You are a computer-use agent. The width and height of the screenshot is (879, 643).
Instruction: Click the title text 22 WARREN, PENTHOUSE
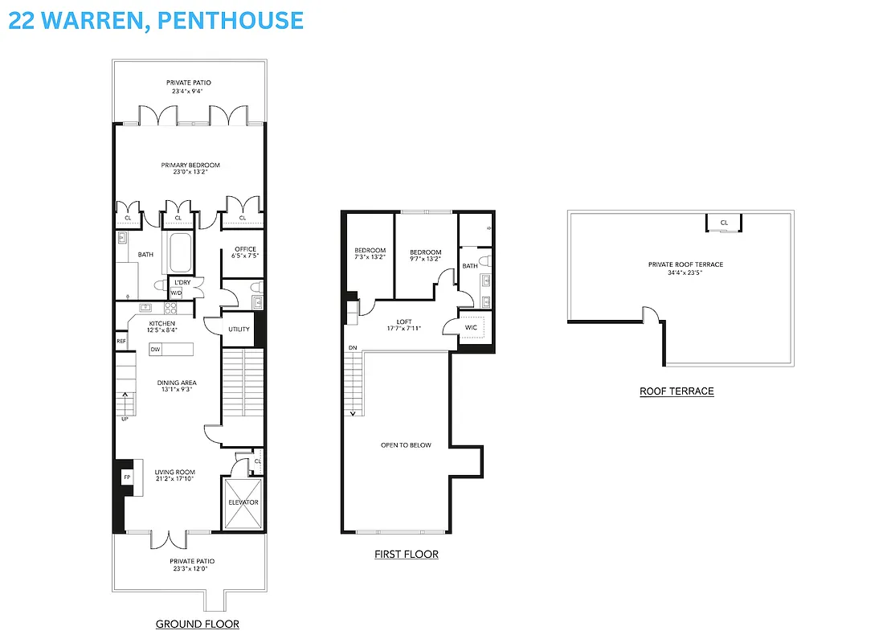click(x=156, y=20)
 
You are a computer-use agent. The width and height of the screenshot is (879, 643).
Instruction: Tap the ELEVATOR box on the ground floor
click(x=243, y=502)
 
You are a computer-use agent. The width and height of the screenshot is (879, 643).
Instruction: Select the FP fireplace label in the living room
click(x=127, y=477)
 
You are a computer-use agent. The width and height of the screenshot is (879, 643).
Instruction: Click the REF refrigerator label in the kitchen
click(x=121, y=342)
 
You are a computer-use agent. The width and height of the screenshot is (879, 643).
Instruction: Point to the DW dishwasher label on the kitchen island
click(x=155, y=349)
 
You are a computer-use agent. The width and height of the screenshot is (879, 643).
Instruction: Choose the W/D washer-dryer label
click(x=175, y=293)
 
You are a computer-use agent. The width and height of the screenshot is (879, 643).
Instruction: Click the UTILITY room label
click(x=239, y=330)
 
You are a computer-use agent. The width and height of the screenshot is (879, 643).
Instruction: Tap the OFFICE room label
click(x=245, y=249)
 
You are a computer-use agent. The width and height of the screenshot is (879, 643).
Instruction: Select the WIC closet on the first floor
click(x=472, y=327)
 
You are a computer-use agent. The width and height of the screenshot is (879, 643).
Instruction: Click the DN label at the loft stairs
click(x=353, y=348)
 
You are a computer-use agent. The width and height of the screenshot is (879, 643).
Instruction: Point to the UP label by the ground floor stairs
click(x=125, y=419)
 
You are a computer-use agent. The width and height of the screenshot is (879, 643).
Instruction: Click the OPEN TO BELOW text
click(x=406, y=444)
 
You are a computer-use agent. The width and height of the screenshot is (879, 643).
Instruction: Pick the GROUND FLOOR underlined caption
click(x=197, y=624)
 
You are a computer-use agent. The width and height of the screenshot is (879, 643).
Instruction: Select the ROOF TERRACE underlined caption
click(x=677, y=391)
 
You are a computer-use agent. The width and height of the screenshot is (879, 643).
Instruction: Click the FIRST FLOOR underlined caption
click(x=407, y=555)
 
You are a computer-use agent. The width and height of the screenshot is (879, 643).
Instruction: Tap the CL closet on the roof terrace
click(x=724, y=223)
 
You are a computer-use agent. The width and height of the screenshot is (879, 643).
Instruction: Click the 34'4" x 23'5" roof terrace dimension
click(x=685, y=273)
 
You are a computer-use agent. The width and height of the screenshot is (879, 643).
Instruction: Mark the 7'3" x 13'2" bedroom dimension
click(x=370, y=259)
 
